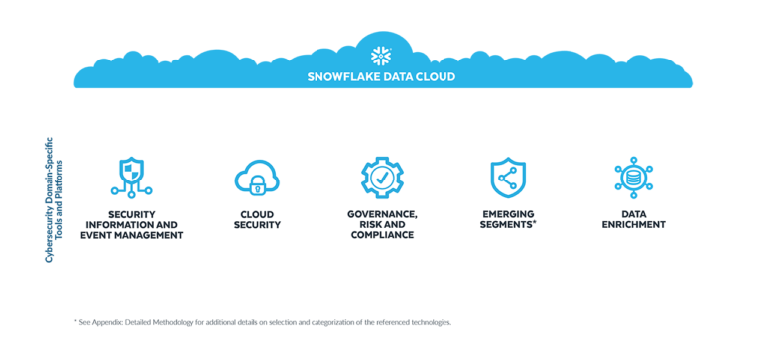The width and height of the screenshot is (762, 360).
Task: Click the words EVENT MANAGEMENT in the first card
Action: tap(131, 235)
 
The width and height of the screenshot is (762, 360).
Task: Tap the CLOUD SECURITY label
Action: tap(257, 219)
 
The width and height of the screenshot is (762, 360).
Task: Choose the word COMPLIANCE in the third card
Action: tap(382, 235)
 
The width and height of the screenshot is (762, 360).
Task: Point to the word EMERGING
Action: tap(507, 214)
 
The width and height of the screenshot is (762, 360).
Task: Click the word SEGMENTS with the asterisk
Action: tap(508, 225)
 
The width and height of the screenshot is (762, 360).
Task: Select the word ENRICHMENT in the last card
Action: tap(633, 225)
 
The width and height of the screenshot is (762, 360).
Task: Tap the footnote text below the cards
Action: tap(263, 322)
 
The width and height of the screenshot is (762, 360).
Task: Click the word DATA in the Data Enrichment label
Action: tap(633, 214)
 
